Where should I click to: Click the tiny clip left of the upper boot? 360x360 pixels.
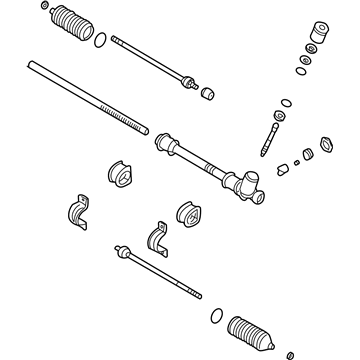46,12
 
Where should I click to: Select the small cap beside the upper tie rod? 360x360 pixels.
209,93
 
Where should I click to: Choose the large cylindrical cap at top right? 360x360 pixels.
320,34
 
